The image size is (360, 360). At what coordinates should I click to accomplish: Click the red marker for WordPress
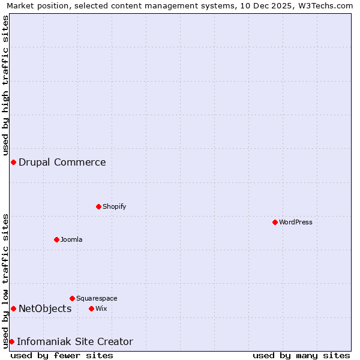[275, 222]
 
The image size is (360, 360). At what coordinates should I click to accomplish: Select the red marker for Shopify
[98, 206]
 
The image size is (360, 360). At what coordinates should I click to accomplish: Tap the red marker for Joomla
[56, 239]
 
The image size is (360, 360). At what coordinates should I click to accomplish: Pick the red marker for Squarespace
[72, 298]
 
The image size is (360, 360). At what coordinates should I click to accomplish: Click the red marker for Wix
[91, 308]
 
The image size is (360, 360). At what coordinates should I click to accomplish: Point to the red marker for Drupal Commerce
[13, 162]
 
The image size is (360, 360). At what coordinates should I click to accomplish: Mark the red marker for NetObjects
[13, 308]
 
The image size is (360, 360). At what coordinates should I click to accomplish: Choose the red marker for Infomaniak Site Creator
[11, 341]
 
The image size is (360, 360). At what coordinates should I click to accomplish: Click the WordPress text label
[296, 222]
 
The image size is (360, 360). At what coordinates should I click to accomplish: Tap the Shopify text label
[115, 206]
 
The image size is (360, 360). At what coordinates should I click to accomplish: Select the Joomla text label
[71, 239]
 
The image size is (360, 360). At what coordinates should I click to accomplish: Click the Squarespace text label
[97, 298]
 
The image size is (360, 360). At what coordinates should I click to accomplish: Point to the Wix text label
[101, 308]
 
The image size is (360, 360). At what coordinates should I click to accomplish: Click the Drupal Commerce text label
[62, 162]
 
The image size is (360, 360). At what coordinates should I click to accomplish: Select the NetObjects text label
[45, 308]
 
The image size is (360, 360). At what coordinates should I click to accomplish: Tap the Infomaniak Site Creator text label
[75, 341]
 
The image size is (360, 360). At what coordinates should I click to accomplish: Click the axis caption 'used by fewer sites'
[62, 355]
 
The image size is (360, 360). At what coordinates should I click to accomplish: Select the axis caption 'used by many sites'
[301, 355]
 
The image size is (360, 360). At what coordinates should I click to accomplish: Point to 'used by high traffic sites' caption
[5, 86]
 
